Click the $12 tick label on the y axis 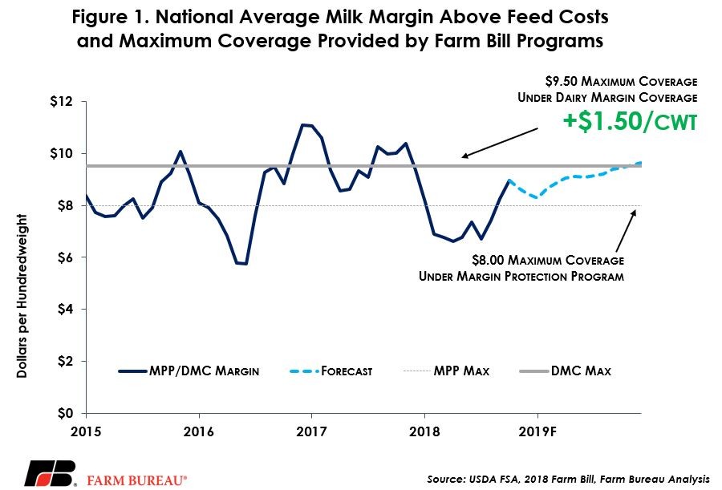pyautogui.click(x=61, y=101)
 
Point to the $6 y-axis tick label pyautogui.click(x=65, y=257)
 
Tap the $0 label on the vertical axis pyautogui.click(x=65, y=413)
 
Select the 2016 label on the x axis pyautogui.click(x=198, y=431)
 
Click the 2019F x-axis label pyautogui.click(x=537, y=431)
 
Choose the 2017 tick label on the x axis pyautogui.click(x=311, y=431)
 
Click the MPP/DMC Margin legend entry pyautogui.click(x=189, y=371)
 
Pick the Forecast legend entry pyautogui.click(x=331, y=371)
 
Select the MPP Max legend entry pyautogui.click(x=446, y=371)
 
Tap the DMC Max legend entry pyautogui.click(x=565, y=371)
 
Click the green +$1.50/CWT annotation pyautogui.click(x=630, y=122)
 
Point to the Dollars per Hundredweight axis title pyautogui.click(x=22, y=296)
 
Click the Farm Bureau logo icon pyautogui.click(x=51, y=473)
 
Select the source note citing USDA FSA pyautogui.click(x=568, y=479)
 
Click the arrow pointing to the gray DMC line pyautogui.click(x=500, y=144)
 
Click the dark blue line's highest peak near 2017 pyautogui.click(x=302, y=124)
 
